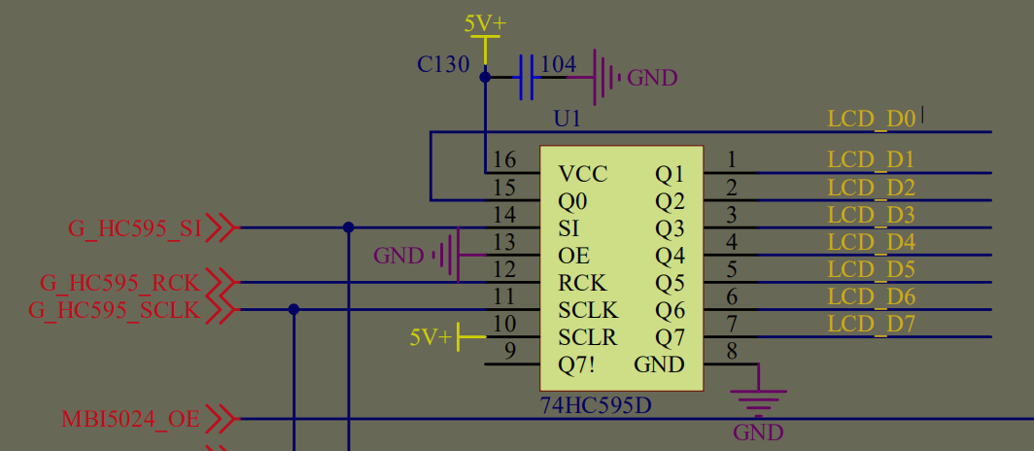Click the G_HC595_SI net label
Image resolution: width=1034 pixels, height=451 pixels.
tap(134, 229)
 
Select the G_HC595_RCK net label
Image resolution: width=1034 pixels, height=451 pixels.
tap(120, 284)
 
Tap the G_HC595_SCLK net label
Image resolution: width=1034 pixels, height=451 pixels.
tap(114, 311)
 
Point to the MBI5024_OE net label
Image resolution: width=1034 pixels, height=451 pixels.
tap(130, 420)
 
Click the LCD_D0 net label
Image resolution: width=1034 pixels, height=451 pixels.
tap(872, 120)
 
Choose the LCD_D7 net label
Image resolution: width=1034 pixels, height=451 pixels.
tap(872, 324)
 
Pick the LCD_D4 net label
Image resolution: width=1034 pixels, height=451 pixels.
tap(872, 242)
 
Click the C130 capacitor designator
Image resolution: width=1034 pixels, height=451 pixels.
tap(443, 65)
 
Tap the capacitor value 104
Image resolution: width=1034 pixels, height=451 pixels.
tap(558, 64)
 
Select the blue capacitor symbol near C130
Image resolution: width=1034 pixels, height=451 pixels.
tap(527, 77)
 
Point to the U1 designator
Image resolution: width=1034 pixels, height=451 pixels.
tap(567, 119)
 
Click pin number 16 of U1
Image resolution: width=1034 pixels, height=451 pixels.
tap(504, 160)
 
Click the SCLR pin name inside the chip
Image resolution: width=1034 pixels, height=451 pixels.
tap(588, 338)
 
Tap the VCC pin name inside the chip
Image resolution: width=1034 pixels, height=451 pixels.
tap(583, 174)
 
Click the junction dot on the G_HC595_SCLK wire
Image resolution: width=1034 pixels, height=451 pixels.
tap(293, 310)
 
